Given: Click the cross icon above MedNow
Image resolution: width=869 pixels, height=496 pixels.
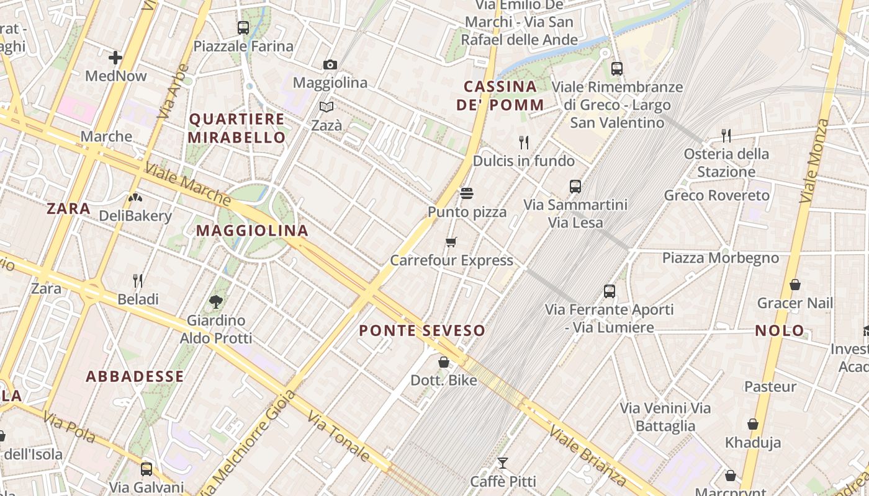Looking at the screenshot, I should pyautogui.click(x=115, y=58).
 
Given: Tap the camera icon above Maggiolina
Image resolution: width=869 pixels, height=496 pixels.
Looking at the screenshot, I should pyautogui.click(x=330, y=64).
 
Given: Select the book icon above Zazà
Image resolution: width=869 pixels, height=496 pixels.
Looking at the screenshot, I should pyautogui.click(x=326, y=107).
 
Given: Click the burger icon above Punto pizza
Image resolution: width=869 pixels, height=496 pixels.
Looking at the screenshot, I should pyautogui.click(x=467, y=193).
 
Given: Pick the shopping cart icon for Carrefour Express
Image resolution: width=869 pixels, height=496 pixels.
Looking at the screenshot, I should pyautogui.click(x=451, y=242).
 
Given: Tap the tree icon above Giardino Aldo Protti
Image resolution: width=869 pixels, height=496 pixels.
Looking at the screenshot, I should pyautogui.click(x=216, y=302).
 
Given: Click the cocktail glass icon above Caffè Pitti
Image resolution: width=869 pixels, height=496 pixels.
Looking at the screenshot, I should pyautogui.click(x=503, y=463).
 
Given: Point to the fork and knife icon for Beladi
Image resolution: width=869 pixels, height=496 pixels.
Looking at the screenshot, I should pyautogui.click(x=138, y=281).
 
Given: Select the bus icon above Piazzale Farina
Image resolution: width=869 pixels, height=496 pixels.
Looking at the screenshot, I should pyautogui.click(x=243, y=28).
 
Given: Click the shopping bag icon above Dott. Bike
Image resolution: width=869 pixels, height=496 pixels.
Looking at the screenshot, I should pyautogui.click(x=444, y=361).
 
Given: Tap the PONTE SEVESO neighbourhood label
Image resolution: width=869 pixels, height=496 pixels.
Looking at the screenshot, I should pyautogui.click(x=422, y=330).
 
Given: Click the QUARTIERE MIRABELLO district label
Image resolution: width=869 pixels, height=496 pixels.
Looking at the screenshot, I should pyautogui.click(x=236, y=128).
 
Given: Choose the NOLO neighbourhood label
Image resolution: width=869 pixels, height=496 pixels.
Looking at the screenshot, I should pyautogui.click(x=780, y=330).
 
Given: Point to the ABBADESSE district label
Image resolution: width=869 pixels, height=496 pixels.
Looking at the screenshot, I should pyautogui.click(x=135, y=376).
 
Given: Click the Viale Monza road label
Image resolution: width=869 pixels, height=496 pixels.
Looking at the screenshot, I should pyautogui.click(x=815, y=161).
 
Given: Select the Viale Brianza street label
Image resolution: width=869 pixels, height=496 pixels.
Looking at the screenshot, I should pyautogui.click(x=587, y=456).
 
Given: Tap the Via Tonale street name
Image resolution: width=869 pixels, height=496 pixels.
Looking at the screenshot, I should pyautogui.click(x=339, y=436).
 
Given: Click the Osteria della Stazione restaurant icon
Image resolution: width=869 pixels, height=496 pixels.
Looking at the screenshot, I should pyautogui.click(x=726, y=135).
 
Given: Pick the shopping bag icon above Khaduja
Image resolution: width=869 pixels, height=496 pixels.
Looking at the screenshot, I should pyautogui.click(x=753, y=425).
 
